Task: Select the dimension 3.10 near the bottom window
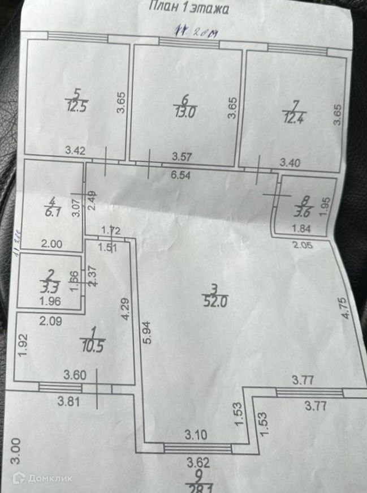tap(196, 435)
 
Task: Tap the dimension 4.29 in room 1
tap(126, 311)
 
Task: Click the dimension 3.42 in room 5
tap(75, 151)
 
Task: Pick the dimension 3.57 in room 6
tap(182, 156)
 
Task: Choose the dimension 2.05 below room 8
tap(303, 245)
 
